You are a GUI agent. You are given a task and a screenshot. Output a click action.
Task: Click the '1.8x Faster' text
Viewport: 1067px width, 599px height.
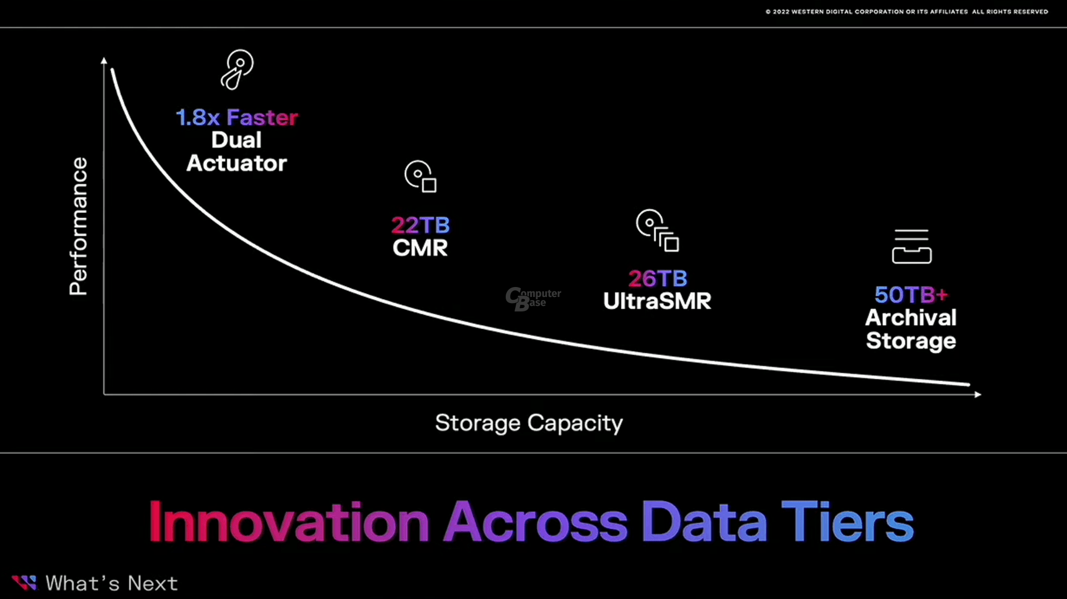click(x=237, y=117)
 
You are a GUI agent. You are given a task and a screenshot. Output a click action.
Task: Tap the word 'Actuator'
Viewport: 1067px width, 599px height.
click(x=237, y=164)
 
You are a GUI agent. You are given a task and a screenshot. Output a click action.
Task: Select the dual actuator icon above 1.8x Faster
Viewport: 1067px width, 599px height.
click(x=237, y=70)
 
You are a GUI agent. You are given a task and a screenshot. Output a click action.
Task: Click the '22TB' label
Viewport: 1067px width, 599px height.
click(x=421, y=225)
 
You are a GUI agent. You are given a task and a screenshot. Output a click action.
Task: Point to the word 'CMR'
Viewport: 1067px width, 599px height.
click(x=420, y=248)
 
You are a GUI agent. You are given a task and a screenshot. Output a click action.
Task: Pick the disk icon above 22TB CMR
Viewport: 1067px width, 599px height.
click(x=421, y=176)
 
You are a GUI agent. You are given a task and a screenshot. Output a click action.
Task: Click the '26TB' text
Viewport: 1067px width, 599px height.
click(x=657, y=279)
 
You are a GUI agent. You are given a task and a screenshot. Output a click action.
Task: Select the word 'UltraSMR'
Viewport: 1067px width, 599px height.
click(x=657, y=301)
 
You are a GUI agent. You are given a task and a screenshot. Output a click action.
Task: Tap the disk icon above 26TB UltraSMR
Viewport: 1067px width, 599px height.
click(x=657, y=230)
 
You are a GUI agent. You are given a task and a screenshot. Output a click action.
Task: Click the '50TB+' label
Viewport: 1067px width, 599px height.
click(x=911, y=295)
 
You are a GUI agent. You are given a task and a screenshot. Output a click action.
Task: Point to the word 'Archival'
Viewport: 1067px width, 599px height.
click(x=911, y=318)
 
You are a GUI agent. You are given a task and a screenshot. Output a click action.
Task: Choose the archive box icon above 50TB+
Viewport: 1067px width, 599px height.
click(x=911, y=246)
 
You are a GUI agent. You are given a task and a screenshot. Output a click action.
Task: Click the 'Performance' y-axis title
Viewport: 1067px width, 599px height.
click(x=78, y=226)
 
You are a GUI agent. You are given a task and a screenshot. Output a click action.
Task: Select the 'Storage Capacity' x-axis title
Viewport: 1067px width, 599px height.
click(x=529, y=423)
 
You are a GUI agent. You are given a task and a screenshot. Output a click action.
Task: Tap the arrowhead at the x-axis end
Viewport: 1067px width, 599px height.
click(x=978, y=394)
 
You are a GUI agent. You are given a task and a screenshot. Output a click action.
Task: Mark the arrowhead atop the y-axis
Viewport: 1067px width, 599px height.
click(x=104, y=61)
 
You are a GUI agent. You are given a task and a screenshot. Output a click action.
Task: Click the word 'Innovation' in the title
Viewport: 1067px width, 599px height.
click(x=289, y=522)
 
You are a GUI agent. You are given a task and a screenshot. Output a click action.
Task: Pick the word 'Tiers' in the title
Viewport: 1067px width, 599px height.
click(x=847, y=521)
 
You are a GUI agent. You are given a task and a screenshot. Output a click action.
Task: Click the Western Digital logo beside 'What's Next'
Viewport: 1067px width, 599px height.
click(x=24, y=582)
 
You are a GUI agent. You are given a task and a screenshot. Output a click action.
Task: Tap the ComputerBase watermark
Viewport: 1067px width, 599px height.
click(x=533, y=299)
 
